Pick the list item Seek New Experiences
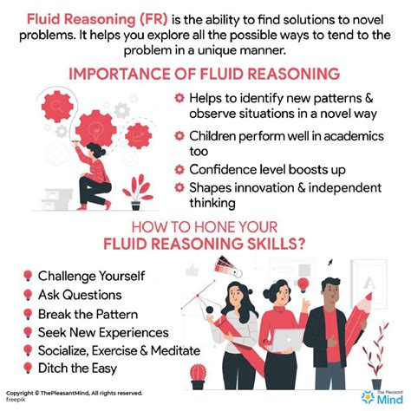(101, 332)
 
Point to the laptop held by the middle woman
(284, 339)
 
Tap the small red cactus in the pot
(199, 374)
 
